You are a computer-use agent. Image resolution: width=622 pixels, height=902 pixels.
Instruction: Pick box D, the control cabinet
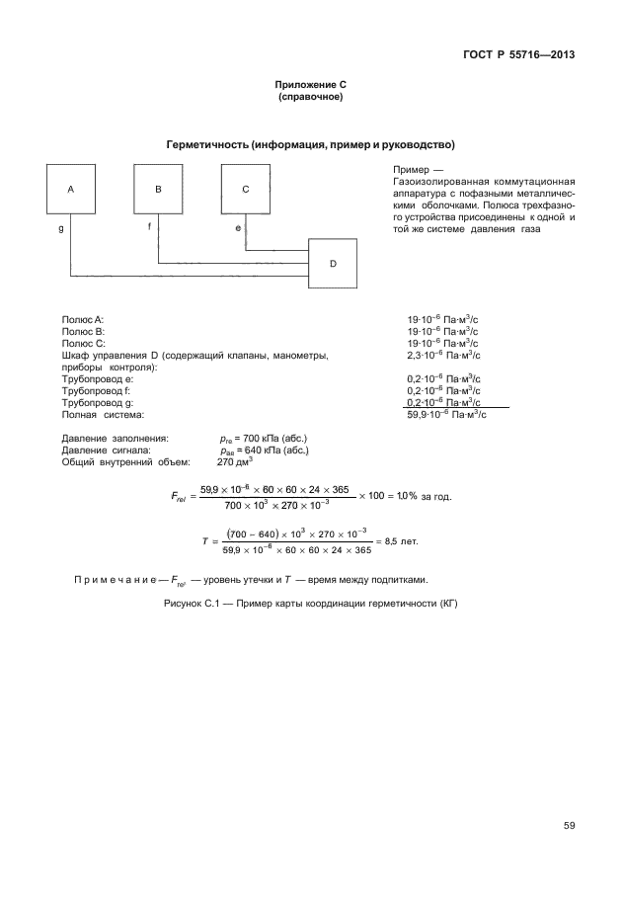(333, 263)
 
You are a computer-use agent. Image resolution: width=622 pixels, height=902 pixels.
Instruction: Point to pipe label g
(61, 227)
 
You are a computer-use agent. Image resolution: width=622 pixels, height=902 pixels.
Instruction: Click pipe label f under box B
(149, 227)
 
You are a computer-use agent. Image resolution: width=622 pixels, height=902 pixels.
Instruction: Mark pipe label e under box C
(237, 227)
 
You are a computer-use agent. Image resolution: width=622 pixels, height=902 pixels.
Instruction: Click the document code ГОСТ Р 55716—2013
(518, 53)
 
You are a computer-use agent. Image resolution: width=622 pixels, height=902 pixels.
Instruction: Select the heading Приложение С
(310, 87)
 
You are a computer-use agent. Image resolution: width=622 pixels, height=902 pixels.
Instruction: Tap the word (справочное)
(310, 98)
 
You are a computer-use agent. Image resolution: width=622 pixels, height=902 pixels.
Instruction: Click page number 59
(569, 826)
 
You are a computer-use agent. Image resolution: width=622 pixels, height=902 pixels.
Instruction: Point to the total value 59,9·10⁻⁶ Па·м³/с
(443, 415)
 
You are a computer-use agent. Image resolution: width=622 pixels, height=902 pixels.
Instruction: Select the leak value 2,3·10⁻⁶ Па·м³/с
(443, 355)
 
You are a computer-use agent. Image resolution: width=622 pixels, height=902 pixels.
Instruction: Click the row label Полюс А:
(83, 321)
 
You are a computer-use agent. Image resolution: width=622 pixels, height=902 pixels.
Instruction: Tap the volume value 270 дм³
(235, 460)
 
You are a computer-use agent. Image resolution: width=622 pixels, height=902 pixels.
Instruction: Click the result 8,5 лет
(402, 542)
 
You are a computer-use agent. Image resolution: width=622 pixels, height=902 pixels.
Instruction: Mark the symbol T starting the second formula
(203, 542)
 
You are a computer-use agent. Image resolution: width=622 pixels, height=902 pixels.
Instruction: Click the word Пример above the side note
(409, 170)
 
